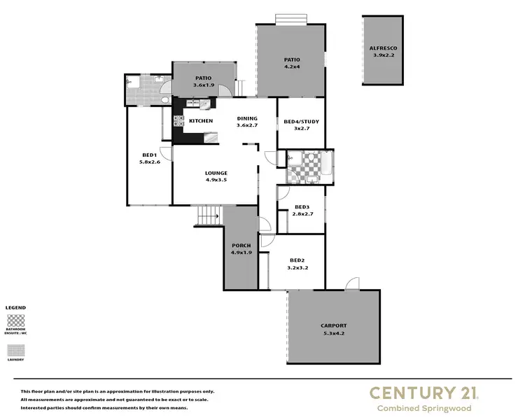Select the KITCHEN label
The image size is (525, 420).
pos(201,121)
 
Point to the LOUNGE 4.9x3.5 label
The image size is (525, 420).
pos(216,176)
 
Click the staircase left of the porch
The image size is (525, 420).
pos(208,216)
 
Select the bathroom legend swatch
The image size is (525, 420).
pos(15,321)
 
